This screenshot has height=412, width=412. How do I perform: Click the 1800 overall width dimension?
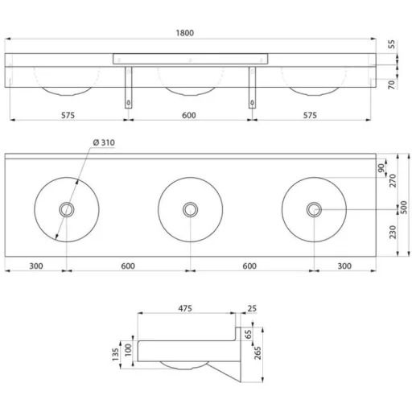185,33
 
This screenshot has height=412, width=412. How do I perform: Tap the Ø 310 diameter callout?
104,142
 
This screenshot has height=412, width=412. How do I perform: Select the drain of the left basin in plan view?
67,209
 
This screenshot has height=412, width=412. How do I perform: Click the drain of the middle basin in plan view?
191,209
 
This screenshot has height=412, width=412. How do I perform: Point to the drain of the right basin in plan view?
314,209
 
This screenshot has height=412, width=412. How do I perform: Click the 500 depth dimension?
404,207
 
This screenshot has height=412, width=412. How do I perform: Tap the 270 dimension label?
393,180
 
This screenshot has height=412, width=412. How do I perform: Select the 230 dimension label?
393,232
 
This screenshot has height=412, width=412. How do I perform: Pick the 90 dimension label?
381,168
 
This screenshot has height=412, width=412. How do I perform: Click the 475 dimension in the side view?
185,308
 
